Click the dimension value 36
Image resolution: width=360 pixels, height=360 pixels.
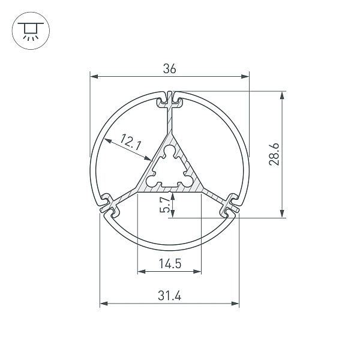pos(170,69)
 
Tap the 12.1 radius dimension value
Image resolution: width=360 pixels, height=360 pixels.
pos(130,142)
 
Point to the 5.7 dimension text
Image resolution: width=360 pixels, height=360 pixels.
pos(164,205)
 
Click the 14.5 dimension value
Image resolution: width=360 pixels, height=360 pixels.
pos(170,263)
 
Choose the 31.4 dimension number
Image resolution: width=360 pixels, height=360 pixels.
pos(170,296)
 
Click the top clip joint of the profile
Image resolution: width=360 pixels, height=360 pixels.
pos(170,99)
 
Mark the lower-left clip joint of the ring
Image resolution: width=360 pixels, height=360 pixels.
pos(109,204)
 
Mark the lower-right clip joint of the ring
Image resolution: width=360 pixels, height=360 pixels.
pos(232,204)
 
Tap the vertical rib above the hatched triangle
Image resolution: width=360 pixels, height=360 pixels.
pos(170,123)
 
